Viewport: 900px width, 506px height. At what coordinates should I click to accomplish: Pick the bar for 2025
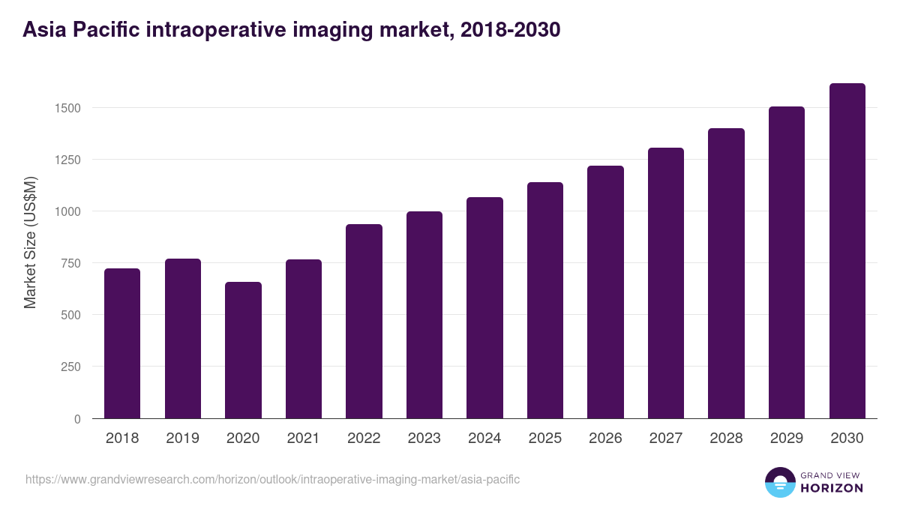click(545, 300)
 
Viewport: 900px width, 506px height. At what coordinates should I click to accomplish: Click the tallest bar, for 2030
click(847, 250)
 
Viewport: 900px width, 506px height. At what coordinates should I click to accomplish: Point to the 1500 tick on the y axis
click(67, 108)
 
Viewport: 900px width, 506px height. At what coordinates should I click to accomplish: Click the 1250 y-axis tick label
click(67, 160)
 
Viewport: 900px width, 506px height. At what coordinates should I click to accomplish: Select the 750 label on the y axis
click(70, 263)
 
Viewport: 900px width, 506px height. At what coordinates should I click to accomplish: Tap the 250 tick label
click(70, 367)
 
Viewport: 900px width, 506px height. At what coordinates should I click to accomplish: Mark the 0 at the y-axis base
click(77, 418)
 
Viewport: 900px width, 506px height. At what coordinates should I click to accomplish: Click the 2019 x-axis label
click(182, 439)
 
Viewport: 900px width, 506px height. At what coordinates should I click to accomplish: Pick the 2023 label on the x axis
click(424, 439)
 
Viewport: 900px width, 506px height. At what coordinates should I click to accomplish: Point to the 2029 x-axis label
click(786, 439)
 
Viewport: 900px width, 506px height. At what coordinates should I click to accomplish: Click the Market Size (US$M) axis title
click(30, 242)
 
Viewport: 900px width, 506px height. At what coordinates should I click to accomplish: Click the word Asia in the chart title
click(43, 30)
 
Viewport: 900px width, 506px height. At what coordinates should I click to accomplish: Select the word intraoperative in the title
click(214, 30)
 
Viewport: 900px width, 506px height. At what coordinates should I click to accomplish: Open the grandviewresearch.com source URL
click(272, 479)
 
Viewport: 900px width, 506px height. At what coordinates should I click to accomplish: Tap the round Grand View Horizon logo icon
click(779, 482)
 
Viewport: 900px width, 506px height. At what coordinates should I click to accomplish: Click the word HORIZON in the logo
click(831, 488)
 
